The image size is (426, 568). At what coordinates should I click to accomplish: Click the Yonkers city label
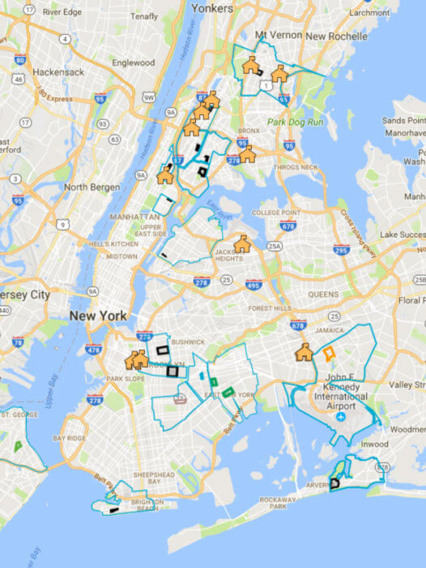(211, 8)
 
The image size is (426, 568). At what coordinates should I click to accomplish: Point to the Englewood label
(133, 62)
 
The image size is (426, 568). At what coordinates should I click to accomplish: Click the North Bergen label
(92, 187)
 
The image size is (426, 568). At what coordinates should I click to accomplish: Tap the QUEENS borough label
(323, 294)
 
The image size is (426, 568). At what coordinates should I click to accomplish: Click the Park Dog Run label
(296, 123)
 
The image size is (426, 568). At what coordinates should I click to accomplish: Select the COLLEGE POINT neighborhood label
(275, 213)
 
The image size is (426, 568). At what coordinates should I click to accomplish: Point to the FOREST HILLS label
(271, 308)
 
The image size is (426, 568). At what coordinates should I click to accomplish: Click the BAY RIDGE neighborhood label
(69, 438)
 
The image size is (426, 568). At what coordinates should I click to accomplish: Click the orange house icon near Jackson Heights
(242, 243)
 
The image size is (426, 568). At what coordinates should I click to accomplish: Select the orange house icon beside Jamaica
(304, 352)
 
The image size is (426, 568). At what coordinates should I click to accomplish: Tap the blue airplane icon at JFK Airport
(341, 416)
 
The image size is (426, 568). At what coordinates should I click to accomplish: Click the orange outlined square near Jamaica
(329, 354)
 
